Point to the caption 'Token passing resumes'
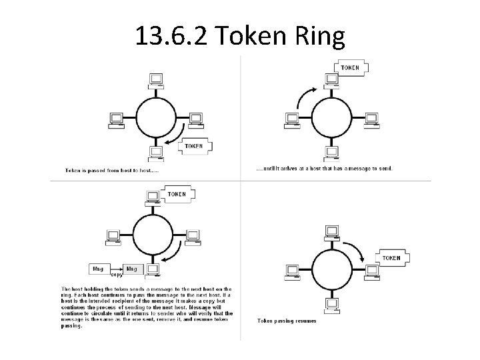tap(287, 321)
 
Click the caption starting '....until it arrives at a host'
tap(325, 169)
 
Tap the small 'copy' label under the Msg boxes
tap(116, 274)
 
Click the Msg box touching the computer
tap(132, 268)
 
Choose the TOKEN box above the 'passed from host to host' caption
tap(194, 145)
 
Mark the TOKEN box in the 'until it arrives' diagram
tap(350, 67)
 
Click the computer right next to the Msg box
tap(153, 269)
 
